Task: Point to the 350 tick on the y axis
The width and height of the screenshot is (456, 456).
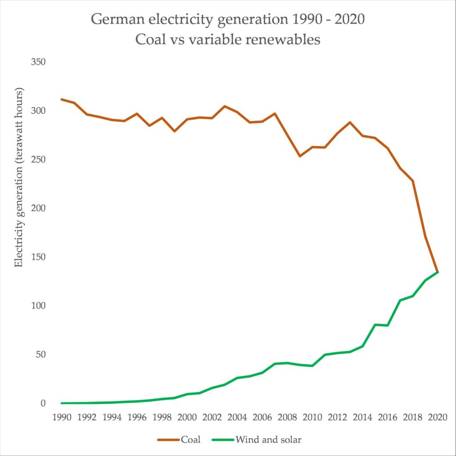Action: [38, 62]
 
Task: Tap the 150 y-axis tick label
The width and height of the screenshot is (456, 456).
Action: [38, 257]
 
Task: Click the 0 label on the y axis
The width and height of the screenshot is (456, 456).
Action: [43, 403]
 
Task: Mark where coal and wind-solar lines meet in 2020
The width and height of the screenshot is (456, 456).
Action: [438, 272]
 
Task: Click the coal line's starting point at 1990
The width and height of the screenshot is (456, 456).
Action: [61, 99]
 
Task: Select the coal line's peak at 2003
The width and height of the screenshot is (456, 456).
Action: [224, 106]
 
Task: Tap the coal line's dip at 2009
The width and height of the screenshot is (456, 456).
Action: [300, 156]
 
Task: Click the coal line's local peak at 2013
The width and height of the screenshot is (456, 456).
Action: [350, 122]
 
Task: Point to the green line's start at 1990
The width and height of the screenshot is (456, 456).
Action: [61, 403]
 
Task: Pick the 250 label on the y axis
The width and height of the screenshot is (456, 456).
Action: [38, 159]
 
